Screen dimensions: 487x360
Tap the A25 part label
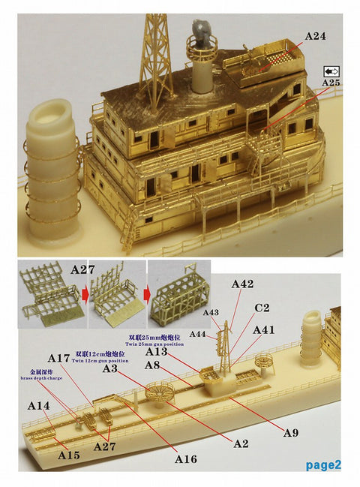330,81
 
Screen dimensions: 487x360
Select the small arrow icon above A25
331,69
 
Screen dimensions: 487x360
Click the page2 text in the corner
323,464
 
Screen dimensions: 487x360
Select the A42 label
243,284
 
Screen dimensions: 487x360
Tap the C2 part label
261,308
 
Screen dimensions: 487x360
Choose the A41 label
264,330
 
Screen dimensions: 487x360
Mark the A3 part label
110,369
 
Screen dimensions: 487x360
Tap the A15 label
68,453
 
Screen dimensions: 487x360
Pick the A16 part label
186,458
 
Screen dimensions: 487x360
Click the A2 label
241,443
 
